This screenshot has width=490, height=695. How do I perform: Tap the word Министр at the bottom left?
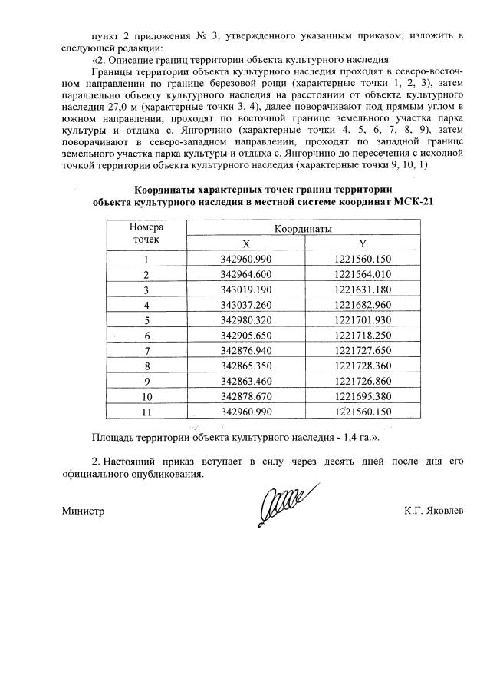pyautogui.click(x=83, y=511)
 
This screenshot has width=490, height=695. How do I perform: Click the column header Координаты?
pyautogui.click(x=304, y=229)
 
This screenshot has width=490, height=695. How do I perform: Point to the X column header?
pyautogui.click(x=245, y=243)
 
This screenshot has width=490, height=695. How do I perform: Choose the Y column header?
pyautogui.click(x=363, y=243)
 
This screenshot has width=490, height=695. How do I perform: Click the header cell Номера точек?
pyautogui.click(x=146, y=234)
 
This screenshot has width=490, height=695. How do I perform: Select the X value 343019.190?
pyautogui.click(x=245, y=290)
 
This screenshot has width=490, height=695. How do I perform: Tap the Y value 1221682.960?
pyautogui.click(x=363, y=305)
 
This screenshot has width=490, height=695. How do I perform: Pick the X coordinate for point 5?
pyautogui.click(x=245, y=320)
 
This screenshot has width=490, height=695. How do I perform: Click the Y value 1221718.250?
pyautogui.click(x=363, y=336)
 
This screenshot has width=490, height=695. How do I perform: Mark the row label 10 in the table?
pyautogui.click(x=146, y=396)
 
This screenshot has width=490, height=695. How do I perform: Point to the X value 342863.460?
pyautogui.click(x=245, y=381)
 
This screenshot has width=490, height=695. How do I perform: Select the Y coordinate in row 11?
pyautogui.click(x=363, y=412)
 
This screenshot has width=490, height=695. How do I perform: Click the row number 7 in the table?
pyautogui.click(x=146, y=351)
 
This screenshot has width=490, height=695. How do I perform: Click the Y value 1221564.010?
pyautogui.click(x=363, y=274)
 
